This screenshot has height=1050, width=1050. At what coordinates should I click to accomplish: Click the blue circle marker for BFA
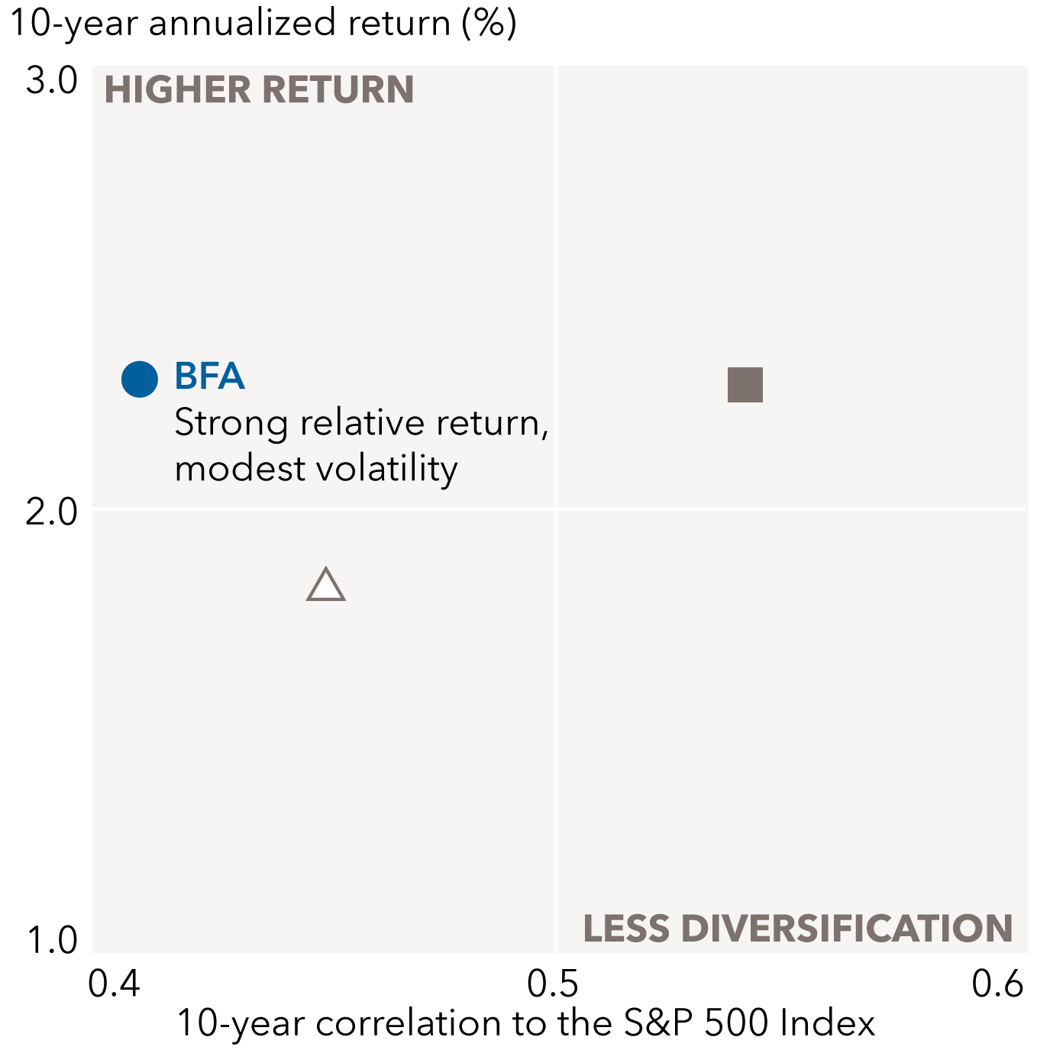pyautogui.click(x=140, y=379)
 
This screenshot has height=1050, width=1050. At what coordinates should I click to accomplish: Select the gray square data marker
pyautogui.click(x=745, y=385)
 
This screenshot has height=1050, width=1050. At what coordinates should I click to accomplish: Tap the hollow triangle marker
pyautogui.click(x=326, y=586)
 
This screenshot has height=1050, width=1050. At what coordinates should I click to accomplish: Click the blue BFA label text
pyautogui.click(x=209, y=376)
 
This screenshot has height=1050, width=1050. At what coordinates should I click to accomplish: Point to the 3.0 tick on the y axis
pyautogui.click(x=52, y=81)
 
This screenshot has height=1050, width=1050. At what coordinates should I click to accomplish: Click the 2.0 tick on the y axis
pyautogui.click(x=52, y=512)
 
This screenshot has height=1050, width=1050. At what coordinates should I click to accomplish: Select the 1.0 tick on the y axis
pyautogui.click(x=52, y=940)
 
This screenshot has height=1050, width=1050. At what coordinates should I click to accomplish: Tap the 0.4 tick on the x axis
pyautogui.click(x=115, y=984)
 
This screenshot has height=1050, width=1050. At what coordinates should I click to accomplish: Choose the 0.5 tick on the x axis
pyautogui.click(x=553, y=984)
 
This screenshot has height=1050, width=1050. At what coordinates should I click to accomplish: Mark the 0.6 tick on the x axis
pyautogui.click(x=997, y=984)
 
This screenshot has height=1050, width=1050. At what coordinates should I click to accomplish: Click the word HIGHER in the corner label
pyautogui.click(x=178, y=90)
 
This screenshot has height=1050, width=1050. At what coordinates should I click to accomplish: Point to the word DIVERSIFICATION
pyautogui.click(x=846, y=929)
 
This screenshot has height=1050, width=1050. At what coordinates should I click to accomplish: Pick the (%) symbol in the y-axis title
pyautogui.click(x=489, y=23)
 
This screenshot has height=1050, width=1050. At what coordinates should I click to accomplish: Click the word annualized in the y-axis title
pyautogui.click(x=241, y=23)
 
